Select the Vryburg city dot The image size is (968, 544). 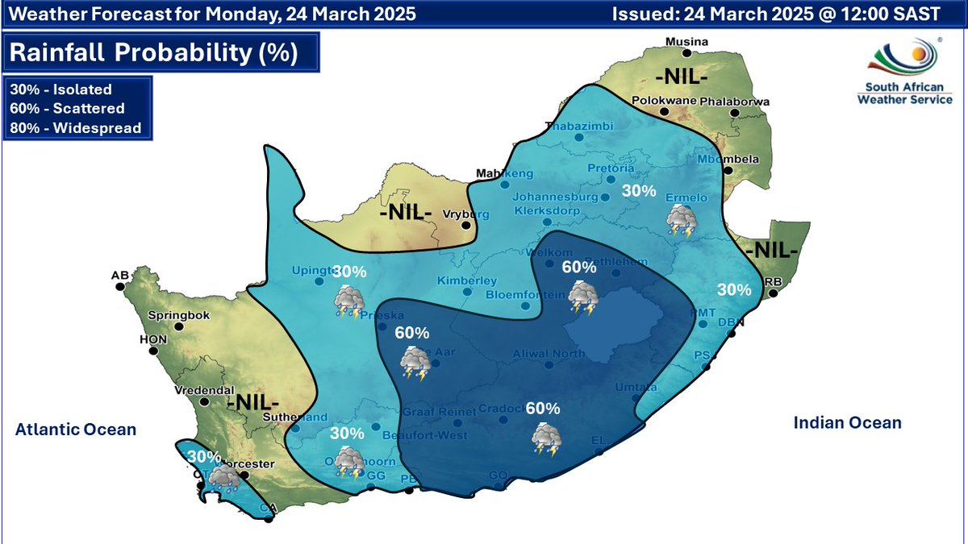click(x=465, y=226)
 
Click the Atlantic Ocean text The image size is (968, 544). click(x=76, y=430)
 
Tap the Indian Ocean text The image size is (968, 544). click(x=847, y=423)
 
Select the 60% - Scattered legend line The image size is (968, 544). click(x=66, y=109)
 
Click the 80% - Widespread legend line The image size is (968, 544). click(x=75, y=127)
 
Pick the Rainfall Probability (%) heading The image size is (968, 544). click(x=153, y=53)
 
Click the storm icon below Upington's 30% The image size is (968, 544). click(x=349, y=301)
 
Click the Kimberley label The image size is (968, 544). click(x=466, y=280)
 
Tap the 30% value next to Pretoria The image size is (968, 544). click(x=639, y=191)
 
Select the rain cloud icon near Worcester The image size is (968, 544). click(x=221, y=479)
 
